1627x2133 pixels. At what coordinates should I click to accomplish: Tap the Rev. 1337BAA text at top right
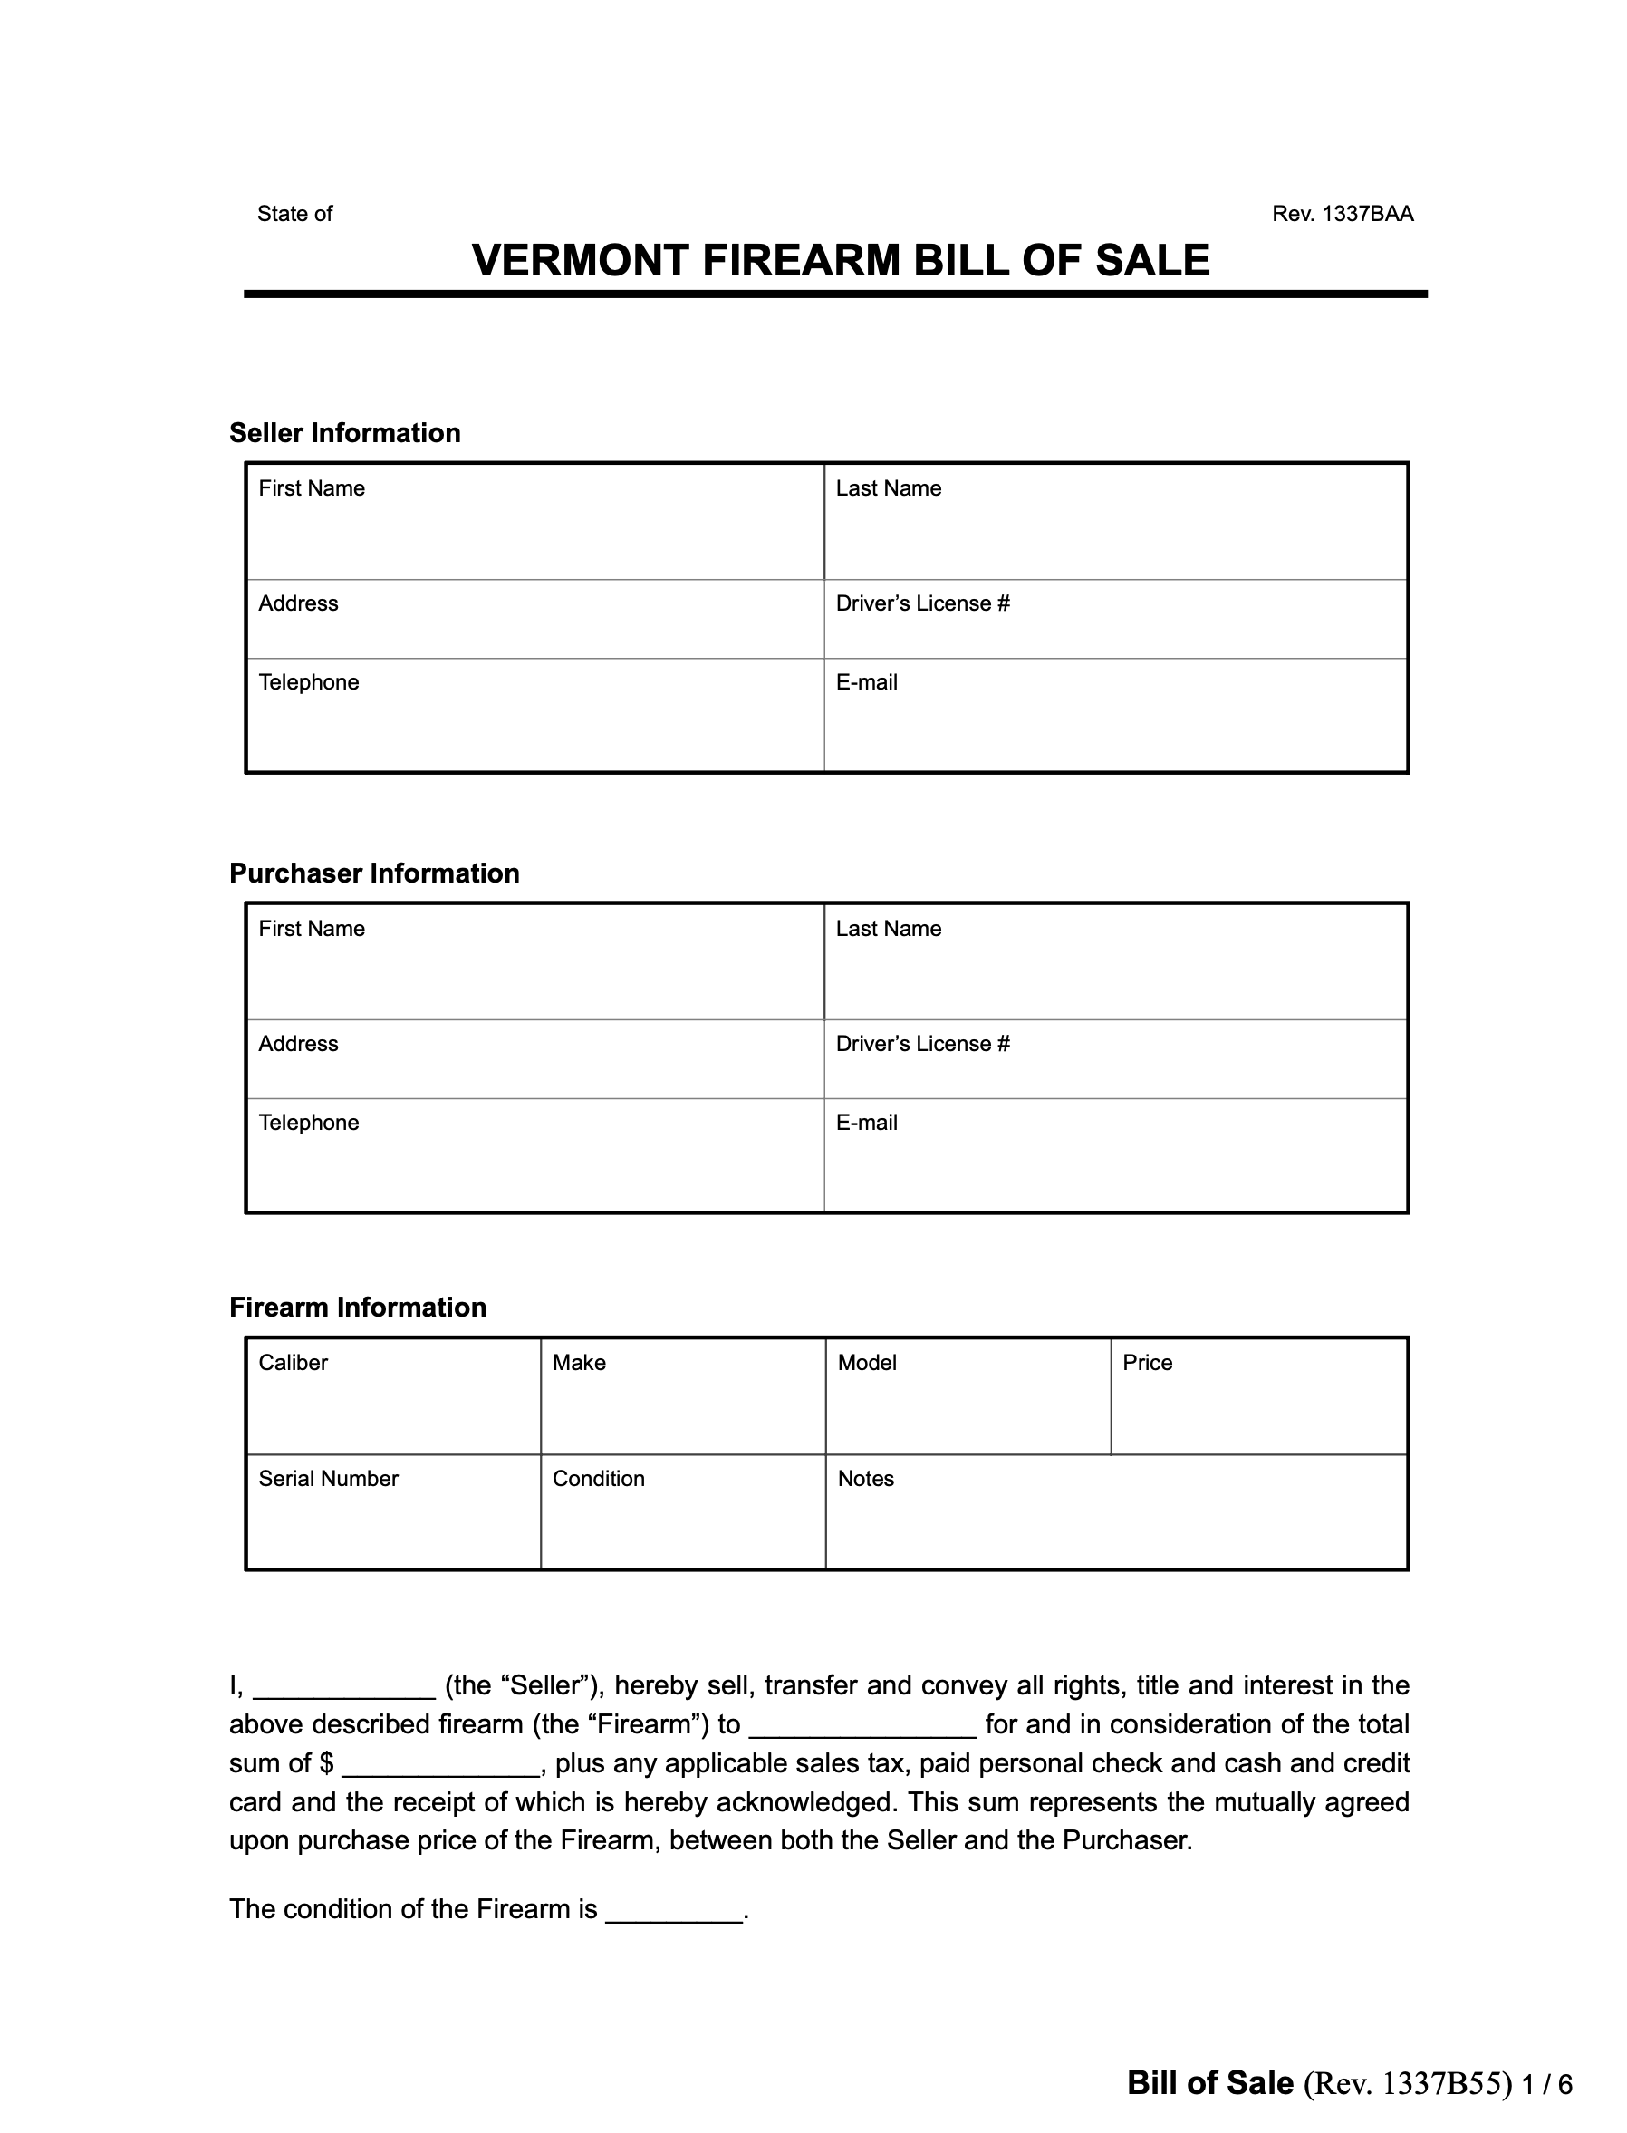tap(1343, 214)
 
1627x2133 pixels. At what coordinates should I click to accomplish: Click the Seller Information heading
tap(345, 433)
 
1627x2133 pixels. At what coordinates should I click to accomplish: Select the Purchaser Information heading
tap(374, 873)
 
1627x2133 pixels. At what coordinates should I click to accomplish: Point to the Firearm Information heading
tap(357, 1308)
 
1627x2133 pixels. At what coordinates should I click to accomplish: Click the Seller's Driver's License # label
tap(922, 603)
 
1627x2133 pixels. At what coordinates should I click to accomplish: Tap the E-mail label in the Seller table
tap(866, 683)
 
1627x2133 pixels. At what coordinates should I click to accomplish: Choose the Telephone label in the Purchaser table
tap(308, 1123)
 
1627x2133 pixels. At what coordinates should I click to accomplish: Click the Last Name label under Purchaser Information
tap(888, 929)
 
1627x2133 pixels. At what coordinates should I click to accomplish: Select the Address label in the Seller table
tap(298, 603)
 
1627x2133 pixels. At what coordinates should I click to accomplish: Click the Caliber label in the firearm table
tap(293, 1363)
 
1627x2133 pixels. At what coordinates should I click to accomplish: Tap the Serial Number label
tap(328, 1479)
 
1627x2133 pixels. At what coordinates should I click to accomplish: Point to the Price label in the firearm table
tap(1147, 1363)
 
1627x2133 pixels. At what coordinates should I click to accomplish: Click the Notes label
tap(865, 1479)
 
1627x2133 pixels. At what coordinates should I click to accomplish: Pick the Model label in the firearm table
tap(867, 1363)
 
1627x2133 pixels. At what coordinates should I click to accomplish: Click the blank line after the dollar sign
tap(440, 1766)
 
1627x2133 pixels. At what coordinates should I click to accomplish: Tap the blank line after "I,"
tap(344, 1688)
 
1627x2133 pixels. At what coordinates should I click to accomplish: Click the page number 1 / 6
tap(1545, 2085)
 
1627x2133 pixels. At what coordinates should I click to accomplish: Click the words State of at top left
tap(294, 214)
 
